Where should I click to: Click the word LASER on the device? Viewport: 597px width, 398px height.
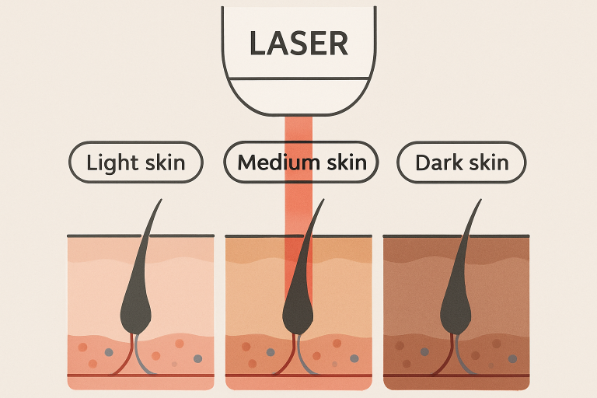(298, 43)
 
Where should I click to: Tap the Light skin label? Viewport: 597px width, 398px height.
(136, 163)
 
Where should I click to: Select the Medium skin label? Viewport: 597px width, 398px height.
(301, 163)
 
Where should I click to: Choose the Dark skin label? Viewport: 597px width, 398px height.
(462, 163)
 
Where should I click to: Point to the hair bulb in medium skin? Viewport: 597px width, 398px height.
(298, 311)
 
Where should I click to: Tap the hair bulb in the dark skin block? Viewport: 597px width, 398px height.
(456, 311)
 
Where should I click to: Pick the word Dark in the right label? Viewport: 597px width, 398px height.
(438, 163)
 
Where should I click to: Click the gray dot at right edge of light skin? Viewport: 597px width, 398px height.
(197, 358)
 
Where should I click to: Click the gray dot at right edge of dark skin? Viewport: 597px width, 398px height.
(511, 358)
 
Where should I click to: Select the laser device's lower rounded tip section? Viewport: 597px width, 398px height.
(298, 96)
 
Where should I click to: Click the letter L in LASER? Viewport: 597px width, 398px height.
(257, 43)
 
